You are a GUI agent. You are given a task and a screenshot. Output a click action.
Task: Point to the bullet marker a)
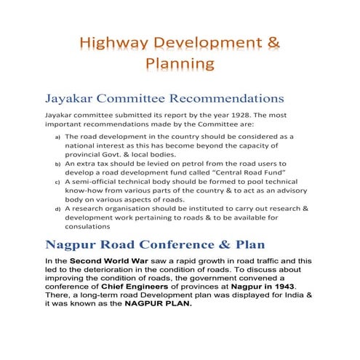point(59,136)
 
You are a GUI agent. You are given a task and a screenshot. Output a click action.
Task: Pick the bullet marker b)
point(59,165)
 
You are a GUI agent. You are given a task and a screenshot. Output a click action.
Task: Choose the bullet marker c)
point(59,185)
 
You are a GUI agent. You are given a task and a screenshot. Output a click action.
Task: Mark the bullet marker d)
point(59,209)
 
